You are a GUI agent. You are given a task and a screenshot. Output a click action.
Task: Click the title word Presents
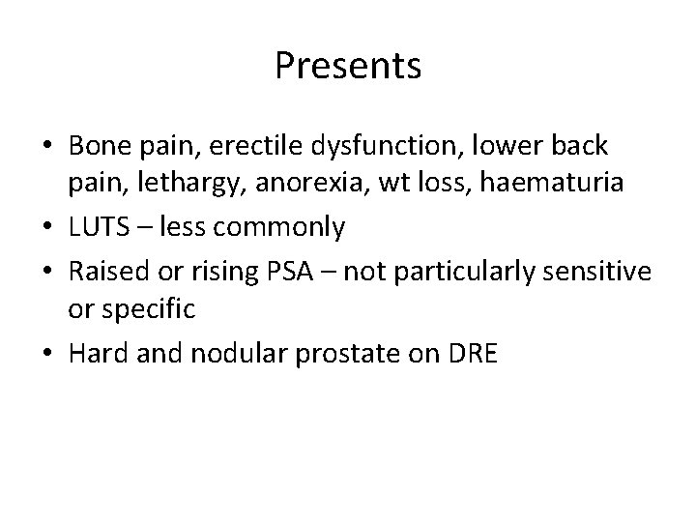[347, 66]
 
